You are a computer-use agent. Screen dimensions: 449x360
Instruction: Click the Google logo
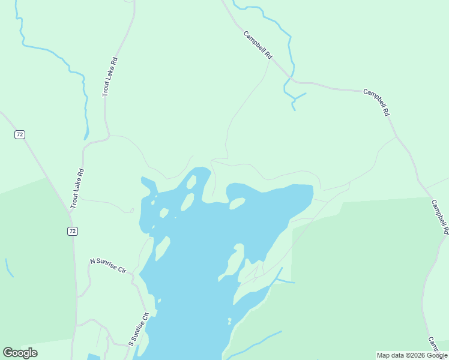20,353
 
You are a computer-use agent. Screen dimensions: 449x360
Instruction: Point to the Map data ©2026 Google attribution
412,355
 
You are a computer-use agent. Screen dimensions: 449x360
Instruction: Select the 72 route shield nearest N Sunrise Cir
73,231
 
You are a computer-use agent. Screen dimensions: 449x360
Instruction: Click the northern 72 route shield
20,134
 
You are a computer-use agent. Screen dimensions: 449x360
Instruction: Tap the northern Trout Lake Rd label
109,77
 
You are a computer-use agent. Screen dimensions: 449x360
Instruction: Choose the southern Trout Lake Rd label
76,188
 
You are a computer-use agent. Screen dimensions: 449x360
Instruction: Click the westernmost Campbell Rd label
258,44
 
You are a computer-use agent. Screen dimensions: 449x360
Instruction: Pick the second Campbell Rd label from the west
377,102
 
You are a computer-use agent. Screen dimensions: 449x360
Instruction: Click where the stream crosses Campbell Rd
291,77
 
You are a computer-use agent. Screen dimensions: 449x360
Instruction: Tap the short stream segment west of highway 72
8,268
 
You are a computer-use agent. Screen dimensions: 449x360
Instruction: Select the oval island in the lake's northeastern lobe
237,204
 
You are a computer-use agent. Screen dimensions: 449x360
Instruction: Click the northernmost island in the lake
191,181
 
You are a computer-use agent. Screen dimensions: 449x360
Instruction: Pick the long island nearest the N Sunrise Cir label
161,248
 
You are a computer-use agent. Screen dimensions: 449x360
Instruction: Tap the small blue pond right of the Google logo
93,357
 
